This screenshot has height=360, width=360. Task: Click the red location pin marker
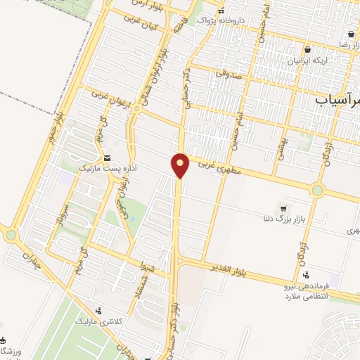[x=181, y=165]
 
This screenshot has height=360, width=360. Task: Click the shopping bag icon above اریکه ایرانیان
[x=307, y=50]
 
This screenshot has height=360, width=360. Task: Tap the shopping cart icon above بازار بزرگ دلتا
[x=283, y=208]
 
